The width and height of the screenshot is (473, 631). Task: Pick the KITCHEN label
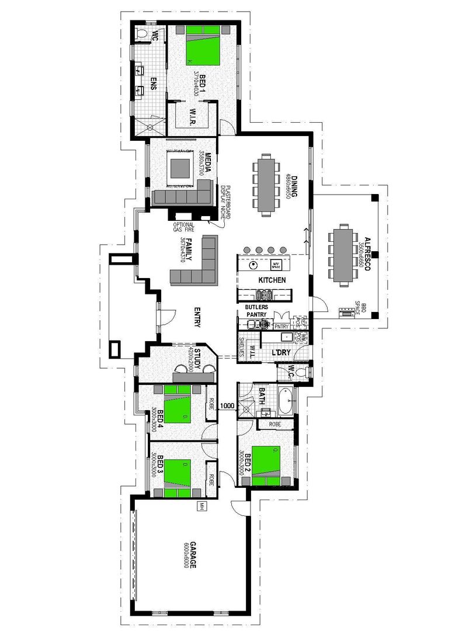point(272,280)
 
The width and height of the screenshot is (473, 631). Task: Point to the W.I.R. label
point(192,117)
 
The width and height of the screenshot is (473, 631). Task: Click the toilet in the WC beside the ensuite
point(141,34)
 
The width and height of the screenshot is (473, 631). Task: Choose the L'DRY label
point(281,352)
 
